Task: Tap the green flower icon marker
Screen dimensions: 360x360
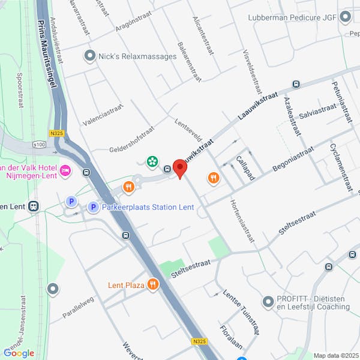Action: point(152,161)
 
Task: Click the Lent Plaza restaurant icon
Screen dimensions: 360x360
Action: point(153,284)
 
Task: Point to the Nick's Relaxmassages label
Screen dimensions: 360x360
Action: point(137,56)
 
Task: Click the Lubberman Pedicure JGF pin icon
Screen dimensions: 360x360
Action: point(344,17)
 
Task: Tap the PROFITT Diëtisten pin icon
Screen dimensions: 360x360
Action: point(268,301)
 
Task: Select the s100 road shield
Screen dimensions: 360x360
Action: point(39,145)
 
